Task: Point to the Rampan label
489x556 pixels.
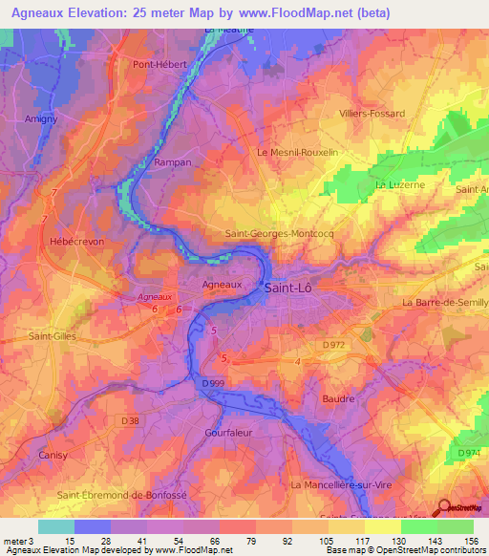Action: tap(173, 163)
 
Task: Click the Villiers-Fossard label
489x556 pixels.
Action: tap(372, 113)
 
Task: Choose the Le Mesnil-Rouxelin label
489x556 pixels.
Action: tap(297, 152)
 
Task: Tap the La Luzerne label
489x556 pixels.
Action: tap(400, 183)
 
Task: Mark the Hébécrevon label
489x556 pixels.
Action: tap(75, 242)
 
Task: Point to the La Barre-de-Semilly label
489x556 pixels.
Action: tap(445, 302)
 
